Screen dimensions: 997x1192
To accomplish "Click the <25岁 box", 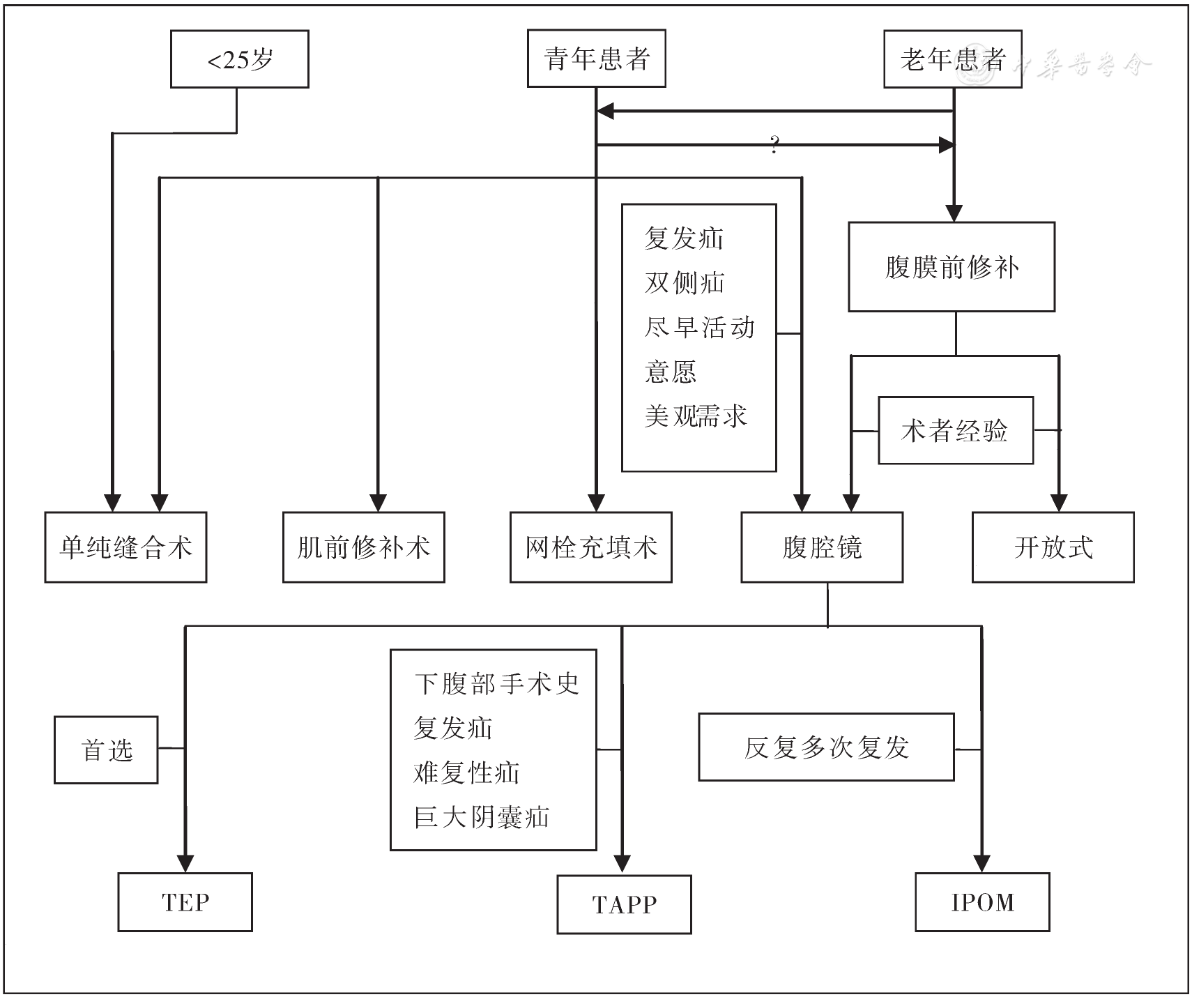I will [x=239, y=59].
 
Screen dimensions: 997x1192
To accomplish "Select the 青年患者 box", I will [x=596, y=59].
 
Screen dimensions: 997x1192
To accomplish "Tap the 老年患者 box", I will [x=952, y=59].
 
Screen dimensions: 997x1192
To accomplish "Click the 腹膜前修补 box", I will [x=951, y=267].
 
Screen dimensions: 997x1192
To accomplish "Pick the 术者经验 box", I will [x=955, y=431].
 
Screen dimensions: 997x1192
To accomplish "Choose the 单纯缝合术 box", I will [x=125, y=547].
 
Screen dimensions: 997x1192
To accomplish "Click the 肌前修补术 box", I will [x=363, y=547].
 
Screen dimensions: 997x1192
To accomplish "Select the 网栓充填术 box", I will [x=590, y=547].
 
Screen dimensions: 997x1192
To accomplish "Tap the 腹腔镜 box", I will [x=822, y=547].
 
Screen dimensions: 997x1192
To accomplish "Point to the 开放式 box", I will [x=1053, y=547].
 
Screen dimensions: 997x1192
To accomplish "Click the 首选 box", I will [x=106, y=750].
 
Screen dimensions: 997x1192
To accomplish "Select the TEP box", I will [x=185, y=902].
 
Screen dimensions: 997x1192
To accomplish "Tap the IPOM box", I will [x=982, y=902].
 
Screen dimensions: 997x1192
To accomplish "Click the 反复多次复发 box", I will [x=826, y=747].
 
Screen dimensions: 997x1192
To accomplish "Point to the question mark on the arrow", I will [x=774, y=146].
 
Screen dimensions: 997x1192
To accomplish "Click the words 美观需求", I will [x=695, y=416].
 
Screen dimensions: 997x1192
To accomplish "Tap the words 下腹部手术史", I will [x=496, y=683].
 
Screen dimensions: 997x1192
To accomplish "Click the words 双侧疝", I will [x=685, y=282].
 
